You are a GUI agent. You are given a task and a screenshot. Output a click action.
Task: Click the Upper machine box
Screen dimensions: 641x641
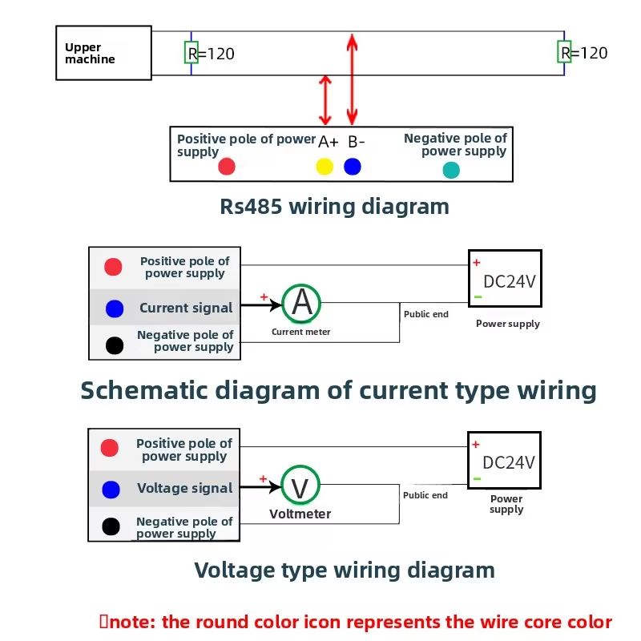point(104,53)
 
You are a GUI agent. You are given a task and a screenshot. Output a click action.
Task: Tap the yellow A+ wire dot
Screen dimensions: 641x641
point(325,167)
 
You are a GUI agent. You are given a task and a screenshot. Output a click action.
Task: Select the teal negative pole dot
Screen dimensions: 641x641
point(451,170)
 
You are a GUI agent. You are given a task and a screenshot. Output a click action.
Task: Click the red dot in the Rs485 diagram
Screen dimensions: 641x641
point(227,167)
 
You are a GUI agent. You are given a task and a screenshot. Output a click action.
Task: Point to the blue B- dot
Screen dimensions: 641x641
point(353,167)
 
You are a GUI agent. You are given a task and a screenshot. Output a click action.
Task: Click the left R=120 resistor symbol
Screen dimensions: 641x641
point(191,52)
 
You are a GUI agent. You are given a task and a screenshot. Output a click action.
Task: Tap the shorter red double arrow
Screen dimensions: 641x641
point(325,100)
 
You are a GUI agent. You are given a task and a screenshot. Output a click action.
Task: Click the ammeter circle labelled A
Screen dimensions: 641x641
point(302,302)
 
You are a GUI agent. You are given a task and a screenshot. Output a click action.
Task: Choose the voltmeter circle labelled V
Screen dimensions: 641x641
point(300,486)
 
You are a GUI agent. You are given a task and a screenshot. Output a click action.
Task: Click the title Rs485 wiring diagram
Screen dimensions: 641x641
point(334,207)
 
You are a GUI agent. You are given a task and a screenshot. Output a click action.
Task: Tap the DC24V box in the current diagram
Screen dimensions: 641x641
point(506,279)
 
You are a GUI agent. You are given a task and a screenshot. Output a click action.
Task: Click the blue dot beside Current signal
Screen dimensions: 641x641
point(115,308)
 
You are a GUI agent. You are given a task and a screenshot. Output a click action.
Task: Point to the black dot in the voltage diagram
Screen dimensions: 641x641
point(111,526)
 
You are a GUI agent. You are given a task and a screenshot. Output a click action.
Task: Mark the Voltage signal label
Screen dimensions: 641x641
point(184,488)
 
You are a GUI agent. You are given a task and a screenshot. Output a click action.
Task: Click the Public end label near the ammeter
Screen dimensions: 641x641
point(426,314)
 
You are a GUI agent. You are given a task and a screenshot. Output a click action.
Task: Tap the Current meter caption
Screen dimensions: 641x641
point(300,332)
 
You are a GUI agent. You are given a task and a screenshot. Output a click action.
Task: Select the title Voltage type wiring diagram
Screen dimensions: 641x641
point(345,570)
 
